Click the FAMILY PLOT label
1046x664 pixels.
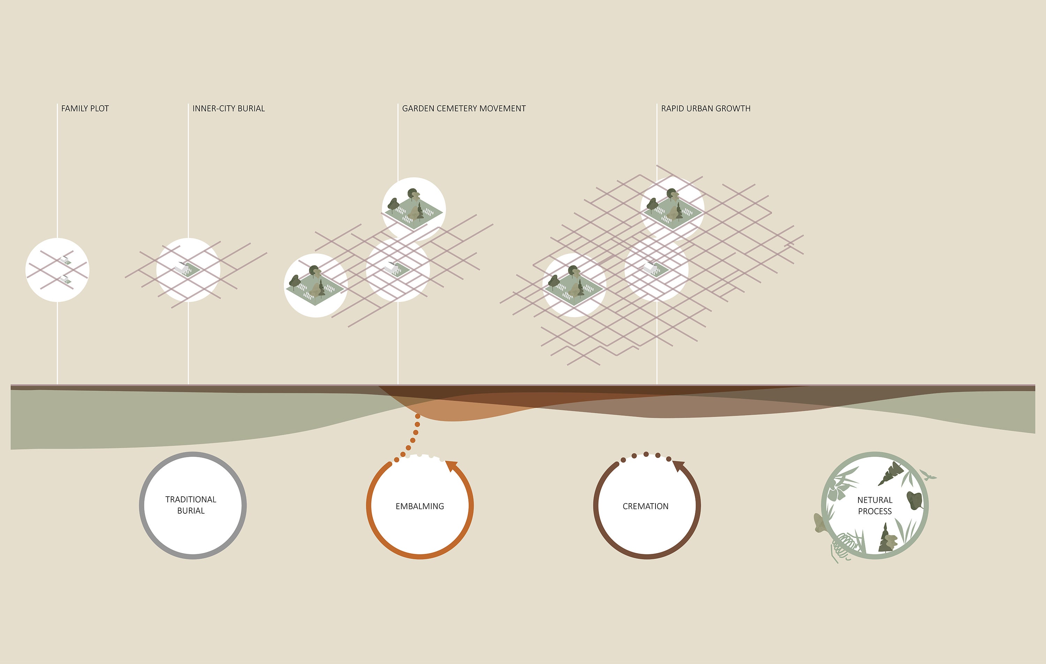tap(85, 109)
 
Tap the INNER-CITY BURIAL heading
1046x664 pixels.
tap(228, 109)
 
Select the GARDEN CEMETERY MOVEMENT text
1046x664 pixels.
tap(464, 109)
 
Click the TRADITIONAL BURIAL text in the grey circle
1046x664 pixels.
tap(191, 505)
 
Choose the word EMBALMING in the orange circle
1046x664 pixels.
tap(419, 506)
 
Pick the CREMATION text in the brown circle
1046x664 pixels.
tap(645, 506)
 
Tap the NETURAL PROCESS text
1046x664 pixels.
tap(875, 506)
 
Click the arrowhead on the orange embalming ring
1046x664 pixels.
tap(452, 466)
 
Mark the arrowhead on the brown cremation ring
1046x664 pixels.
tap(679, 466)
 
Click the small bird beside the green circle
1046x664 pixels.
tap(929, 475)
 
